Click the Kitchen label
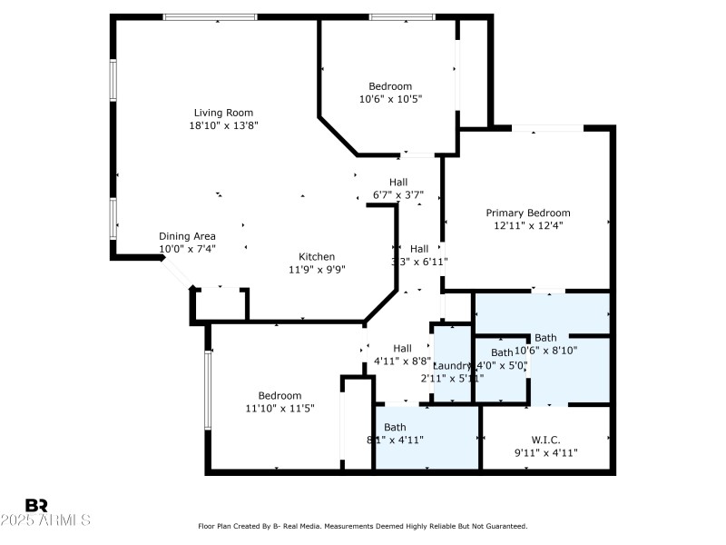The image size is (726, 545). click(318, 256)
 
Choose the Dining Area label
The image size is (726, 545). click(187, 236)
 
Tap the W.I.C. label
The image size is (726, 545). click(546, 440)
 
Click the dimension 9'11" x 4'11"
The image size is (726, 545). click(546, 452)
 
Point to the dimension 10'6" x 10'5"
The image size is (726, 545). click(390, 99)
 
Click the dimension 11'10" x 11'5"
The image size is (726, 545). click(280, 409)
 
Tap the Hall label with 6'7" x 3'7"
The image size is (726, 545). click(398, 182)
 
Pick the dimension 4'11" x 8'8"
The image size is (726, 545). click(402, 361)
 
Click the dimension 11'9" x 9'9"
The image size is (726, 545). click(318, 269)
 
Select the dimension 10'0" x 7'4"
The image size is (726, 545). click(187, 249)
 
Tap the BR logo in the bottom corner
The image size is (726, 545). click(36, 505)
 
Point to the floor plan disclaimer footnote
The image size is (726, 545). click(363, 526)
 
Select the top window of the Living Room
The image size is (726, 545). click(210, 16)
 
